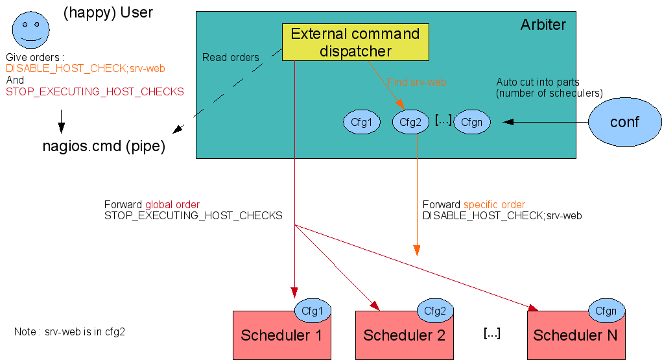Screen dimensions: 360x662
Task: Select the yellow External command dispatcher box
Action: (355, 42)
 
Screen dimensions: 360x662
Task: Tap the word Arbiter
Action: (543, 25)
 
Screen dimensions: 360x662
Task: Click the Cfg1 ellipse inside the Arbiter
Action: (361, 122)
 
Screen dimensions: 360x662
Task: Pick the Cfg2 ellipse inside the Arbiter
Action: (411, 122)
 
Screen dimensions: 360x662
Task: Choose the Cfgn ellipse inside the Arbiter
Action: (472, 122)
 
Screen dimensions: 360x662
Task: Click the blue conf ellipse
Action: (624, 122)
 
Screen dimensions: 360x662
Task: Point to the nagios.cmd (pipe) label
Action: (104, 147)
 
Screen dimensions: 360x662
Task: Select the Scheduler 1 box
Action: (281, 336)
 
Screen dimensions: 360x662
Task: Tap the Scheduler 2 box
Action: (403, 336)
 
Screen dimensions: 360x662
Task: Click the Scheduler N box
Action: (575, 336)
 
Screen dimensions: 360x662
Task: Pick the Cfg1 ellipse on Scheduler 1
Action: (313, 311)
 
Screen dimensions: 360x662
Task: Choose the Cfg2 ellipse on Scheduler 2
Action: (435, 311)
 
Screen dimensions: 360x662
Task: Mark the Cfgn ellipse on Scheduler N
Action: (606, 311)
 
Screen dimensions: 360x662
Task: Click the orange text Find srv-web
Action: (417, 82)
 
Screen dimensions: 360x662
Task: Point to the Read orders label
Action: (230, 57)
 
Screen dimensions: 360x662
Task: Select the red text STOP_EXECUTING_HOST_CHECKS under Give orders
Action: (95, 92)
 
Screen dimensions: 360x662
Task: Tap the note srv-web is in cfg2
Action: (69, 331)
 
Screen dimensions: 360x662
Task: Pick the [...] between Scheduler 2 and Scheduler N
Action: (491, 333)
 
